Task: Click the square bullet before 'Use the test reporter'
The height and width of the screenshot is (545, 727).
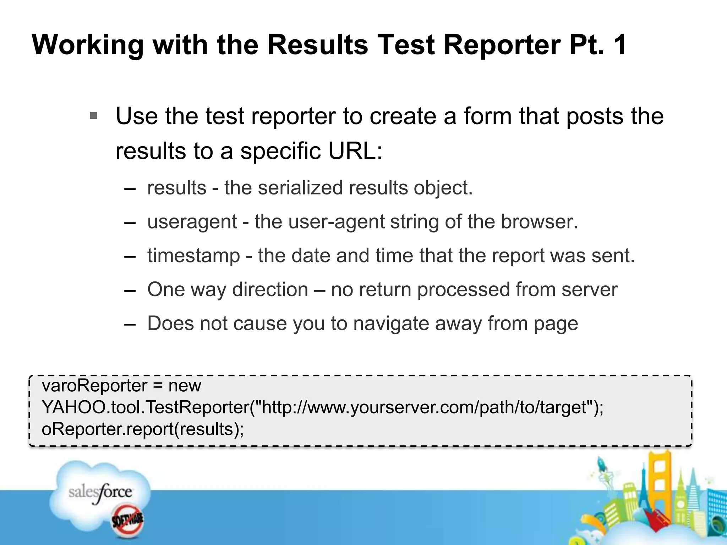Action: coord(93,116)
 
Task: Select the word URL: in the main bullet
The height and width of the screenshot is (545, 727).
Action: coord(355,151)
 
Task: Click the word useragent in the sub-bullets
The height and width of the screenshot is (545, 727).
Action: coord(192,222)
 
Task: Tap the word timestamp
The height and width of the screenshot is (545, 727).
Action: coord(193,255)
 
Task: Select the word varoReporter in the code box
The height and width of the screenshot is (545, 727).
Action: coord(94,386)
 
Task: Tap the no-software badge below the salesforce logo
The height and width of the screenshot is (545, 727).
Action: coord(127,521)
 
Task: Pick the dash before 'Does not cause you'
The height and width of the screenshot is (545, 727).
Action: coord(130,324)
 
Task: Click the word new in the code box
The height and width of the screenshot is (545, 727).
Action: coord(185,386)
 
